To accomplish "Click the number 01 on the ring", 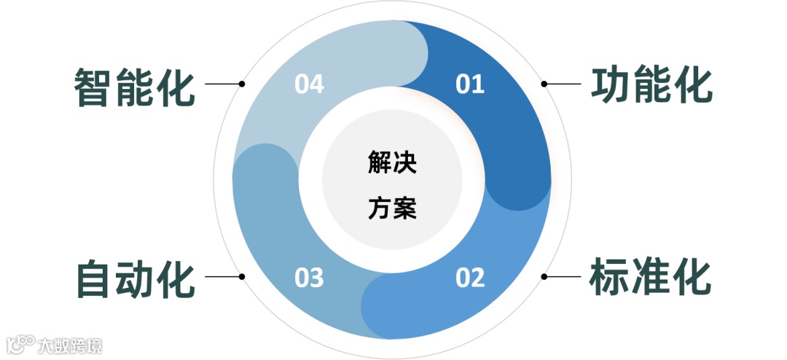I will (x=470, y=85).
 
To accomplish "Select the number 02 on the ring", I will (x=470, y=278).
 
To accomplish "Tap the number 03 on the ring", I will (x=309, y=278).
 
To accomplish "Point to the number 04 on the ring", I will (x=309, y=85).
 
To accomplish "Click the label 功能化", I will (x=651, y=86).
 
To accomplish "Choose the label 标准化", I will (x=651, y=277).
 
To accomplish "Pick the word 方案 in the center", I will (x=392, y=210).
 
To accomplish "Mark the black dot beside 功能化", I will (x=544, y=84).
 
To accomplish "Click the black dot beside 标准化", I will (x=544, y=277).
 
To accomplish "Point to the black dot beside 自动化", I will (x=242, y=277).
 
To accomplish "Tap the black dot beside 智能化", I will (x=242, y=84).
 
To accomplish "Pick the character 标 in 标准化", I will (x=610, y=277).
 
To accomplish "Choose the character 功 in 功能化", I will (x=610, y=86).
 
